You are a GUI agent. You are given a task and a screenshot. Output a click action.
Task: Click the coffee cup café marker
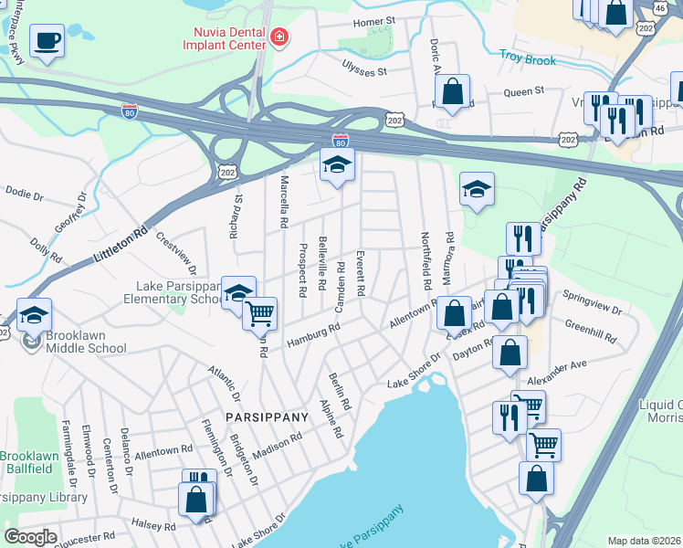click(47, 40)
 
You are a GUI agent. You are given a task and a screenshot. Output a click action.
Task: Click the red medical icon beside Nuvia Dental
click(278, 37)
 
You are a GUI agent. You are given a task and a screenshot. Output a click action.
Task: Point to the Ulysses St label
click(364, 69)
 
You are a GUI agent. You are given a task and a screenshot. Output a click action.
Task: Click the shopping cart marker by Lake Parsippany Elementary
click(260, 313)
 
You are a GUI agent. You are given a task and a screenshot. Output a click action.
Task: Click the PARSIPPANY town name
click(265, 417)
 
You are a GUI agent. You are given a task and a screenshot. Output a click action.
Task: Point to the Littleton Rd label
click(121, 248)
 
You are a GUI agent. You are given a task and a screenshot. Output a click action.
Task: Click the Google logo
click(30, 538)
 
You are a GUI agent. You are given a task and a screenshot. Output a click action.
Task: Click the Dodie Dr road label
click(25, 195)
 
